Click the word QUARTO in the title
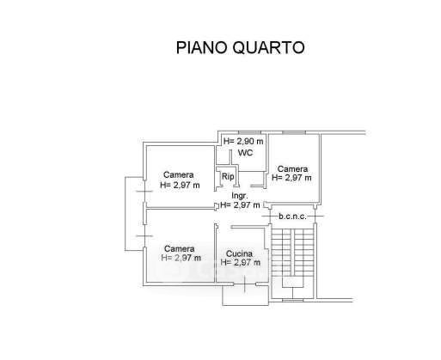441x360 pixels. coord(268,48)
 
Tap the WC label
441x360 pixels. coord(246,153)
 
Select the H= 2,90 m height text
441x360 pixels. coord(243,141)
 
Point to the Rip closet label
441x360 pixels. coord(228,176)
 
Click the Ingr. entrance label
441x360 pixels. coord(240,196)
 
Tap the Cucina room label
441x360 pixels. coord(239,253)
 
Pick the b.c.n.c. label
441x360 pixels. coord(292,217)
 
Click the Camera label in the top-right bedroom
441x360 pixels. coord(292,169)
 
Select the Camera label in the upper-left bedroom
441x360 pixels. coord(179,174)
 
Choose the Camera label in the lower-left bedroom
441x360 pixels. coord(180,248)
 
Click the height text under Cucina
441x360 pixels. coord(241,262)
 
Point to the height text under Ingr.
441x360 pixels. coord(240,205)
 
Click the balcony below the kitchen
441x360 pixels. coord(246,295)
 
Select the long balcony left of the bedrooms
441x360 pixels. coord(134,214)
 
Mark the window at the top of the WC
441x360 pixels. coord(250,132)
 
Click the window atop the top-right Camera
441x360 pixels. coord(294,132)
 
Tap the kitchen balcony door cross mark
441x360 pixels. coord(245,284)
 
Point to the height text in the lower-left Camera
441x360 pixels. coord(181,258)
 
